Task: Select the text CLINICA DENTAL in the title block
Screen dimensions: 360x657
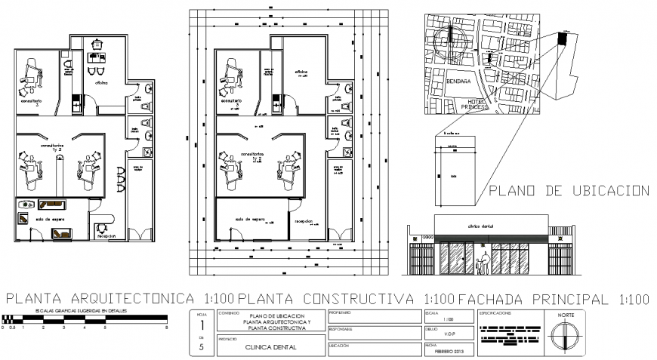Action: (270, 347)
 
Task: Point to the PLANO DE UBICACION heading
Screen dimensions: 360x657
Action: (569, 191)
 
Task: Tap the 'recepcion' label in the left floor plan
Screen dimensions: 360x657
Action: (106, 235)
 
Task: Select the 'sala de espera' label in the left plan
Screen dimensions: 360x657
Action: (47, 219)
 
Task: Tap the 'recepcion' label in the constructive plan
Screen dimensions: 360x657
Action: (304, 223)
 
